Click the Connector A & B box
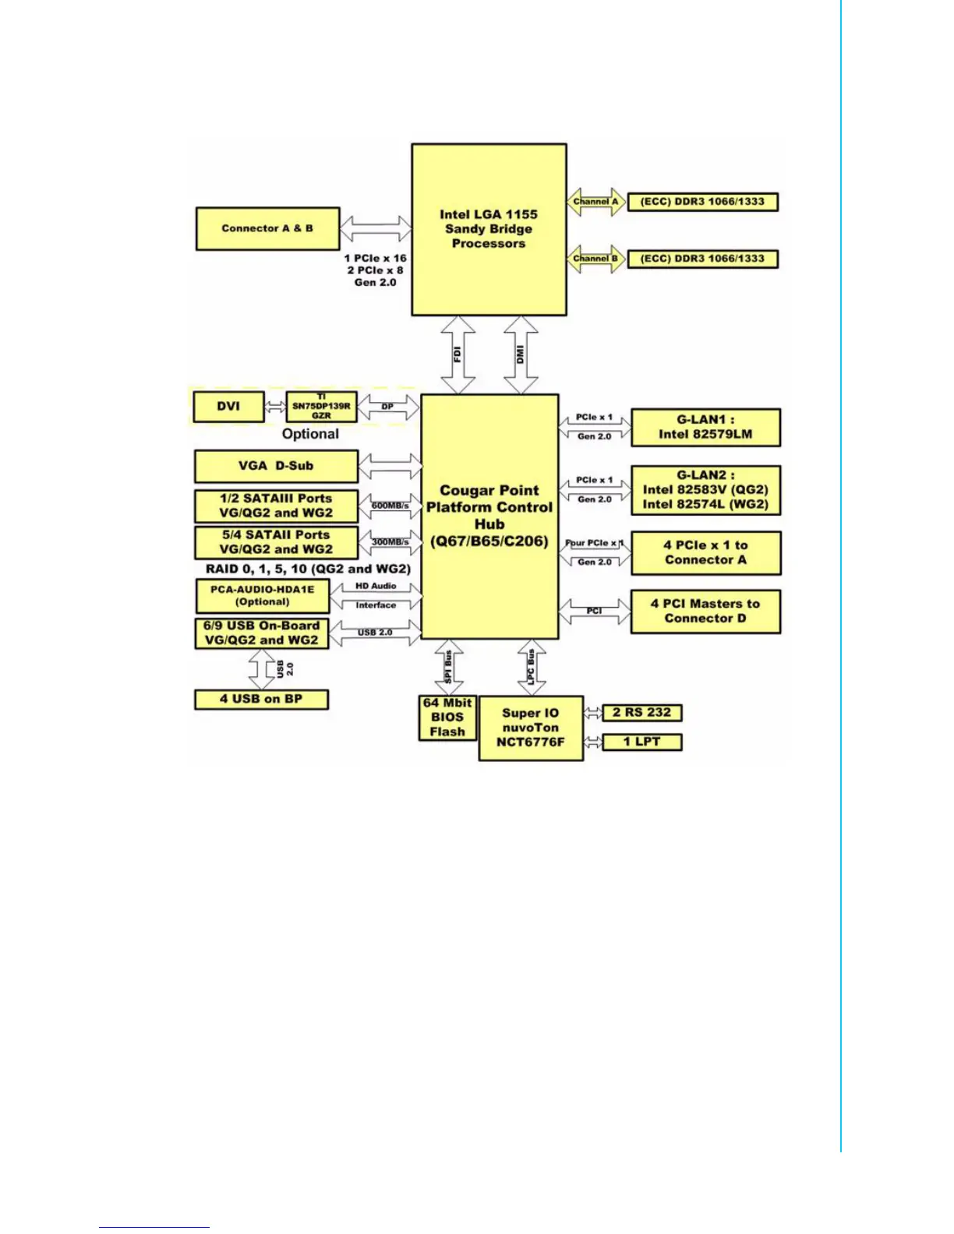267,228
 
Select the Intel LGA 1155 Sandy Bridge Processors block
489,229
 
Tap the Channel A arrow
596,202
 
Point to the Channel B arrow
596,259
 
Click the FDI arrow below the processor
458,354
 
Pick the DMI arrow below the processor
521,354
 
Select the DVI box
228,406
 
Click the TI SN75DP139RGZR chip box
321,406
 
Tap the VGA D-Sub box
276,466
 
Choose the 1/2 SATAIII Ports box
276,506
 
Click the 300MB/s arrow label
390,541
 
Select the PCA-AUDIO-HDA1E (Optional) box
263,595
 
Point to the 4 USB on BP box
261,699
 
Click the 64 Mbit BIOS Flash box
447,717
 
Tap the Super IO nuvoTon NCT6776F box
531,728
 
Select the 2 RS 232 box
641,712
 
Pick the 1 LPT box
641,742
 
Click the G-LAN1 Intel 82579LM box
705,427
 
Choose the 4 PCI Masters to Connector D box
705,611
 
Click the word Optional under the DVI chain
310,434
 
